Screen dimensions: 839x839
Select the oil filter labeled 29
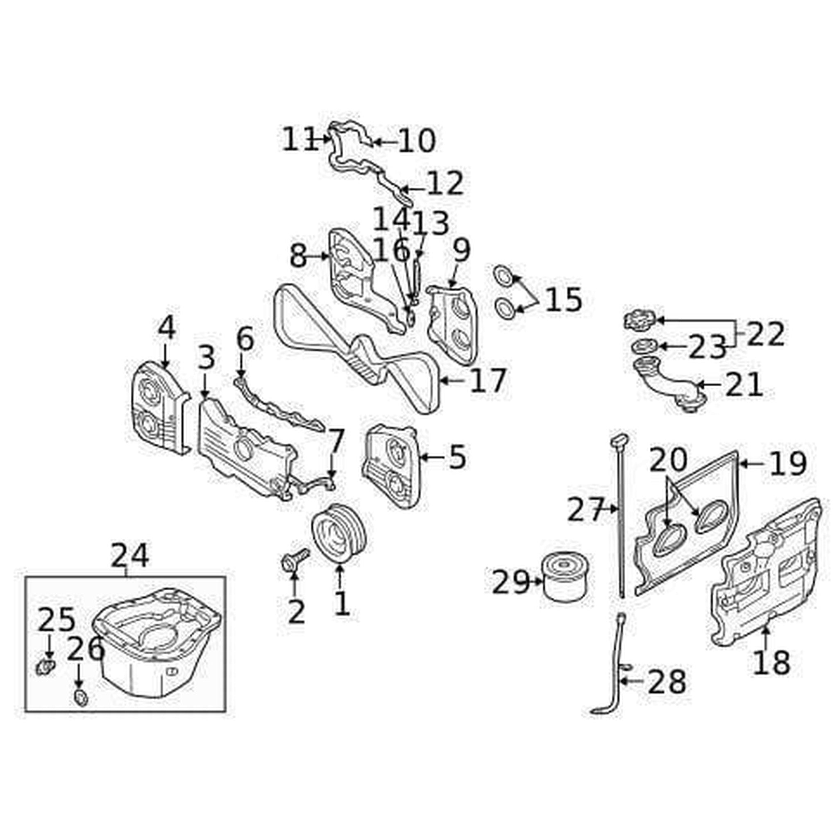click(566, 577)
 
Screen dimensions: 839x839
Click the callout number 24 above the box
click(129, 556)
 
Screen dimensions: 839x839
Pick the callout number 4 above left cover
click(166, 328)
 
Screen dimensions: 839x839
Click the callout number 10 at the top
click(417, 141)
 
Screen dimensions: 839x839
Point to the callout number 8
click(298, 256)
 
